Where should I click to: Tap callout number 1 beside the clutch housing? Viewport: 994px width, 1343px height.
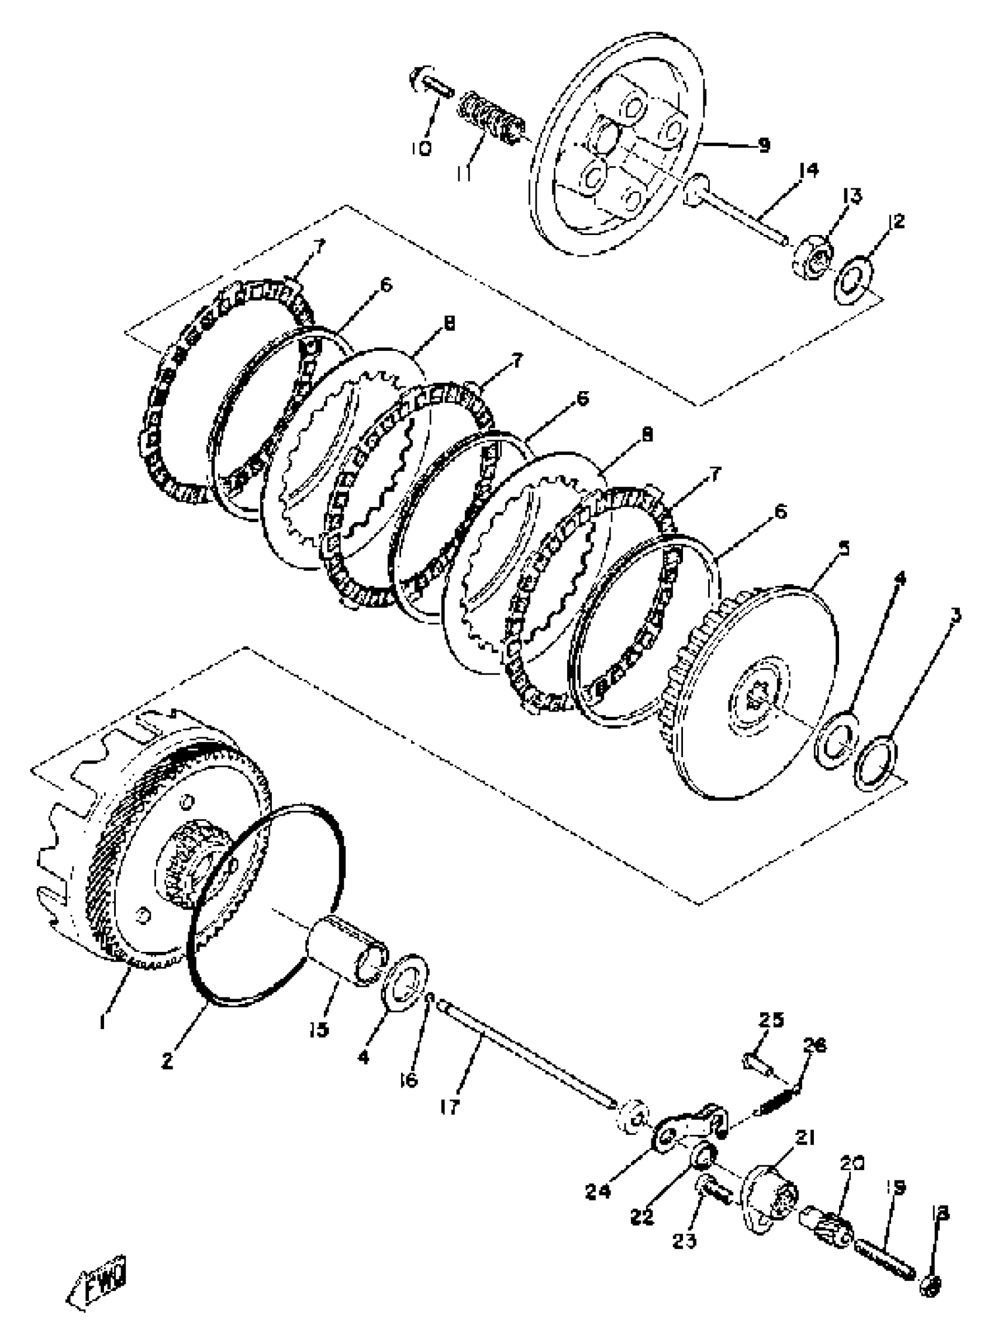(103, 1021)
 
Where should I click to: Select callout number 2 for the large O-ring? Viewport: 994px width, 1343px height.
(167, 1061)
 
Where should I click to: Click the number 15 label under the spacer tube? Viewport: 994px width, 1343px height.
(319, 1030)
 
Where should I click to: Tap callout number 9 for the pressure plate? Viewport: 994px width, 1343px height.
(763, 145)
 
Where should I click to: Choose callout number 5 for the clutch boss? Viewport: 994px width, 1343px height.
(844, 548)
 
